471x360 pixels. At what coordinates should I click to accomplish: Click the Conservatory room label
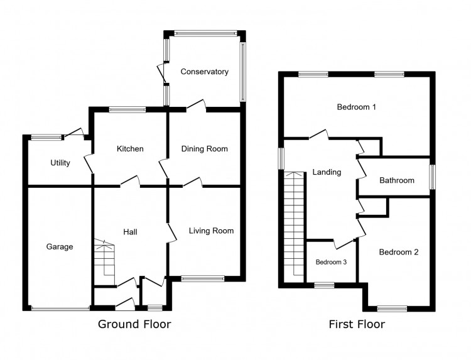(204, 72)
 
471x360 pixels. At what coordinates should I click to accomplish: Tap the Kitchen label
(130, 149)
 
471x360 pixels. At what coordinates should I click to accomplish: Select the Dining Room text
(204, 149)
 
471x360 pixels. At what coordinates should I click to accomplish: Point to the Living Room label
(211, 231)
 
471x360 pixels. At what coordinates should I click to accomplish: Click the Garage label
(60, 247)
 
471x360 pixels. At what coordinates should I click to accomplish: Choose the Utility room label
(60, 163)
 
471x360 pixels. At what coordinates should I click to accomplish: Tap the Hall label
(130, 232)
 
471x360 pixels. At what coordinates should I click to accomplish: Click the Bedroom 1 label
(356, 107)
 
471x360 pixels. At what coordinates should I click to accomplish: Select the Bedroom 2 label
(398, 252)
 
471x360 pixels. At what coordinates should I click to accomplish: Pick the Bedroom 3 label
(331, 262)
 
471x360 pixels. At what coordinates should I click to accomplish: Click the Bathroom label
(396, 180)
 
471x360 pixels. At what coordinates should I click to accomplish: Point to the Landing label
(327, 172)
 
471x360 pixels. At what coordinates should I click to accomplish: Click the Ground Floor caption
(134, 324)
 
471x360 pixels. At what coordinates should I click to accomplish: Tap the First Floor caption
(357, 324)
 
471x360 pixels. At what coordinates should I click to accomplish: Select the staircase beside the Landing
(293, 226)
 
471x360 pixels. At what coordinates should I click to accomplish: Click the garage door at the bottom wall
(60, 308)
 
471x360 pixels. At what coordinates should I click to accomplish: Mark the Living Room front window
(202, 278)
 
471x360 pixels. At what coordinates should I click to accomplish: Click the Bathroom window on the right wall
(432, 177)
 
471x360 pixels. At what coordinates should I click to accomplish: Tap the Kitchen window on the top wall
(127, 109)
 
